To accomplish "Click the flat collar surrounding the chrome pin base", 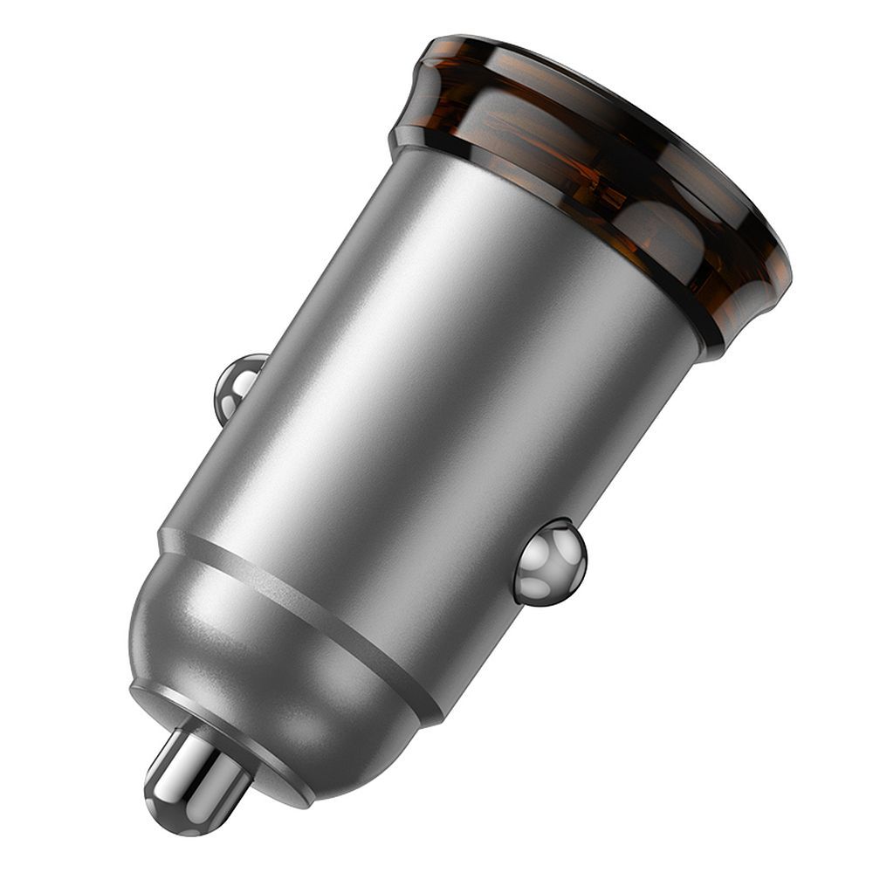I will click(262, 768).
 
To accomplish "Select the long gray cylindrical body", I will click(436, 393).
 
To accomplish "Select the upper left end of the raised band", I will click(166, 534).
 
